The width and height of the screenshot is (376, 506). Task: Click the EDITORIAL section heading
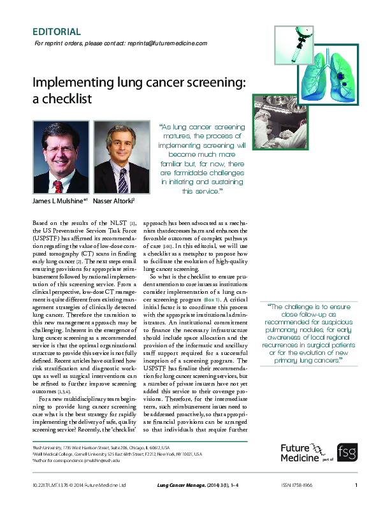pyautogui.click(x=56, y=31)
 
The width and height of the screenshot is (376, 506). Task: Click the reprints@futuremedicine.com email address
pyautogui.click(x=168, y=43)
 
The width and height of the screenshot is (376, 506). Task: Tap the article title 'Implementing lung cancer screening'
pyautogui.click(x=140, y=83)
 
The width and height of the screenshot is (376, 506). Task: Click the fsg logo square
pyautogui.click(x=347, y=451)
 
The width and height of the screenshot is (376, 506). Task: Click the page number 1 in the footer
pyautogui.click(x=356, y=486)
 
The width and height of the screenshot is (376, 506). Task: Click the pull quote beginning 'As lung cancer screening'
pyautogui.click(x=201, y=159)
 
